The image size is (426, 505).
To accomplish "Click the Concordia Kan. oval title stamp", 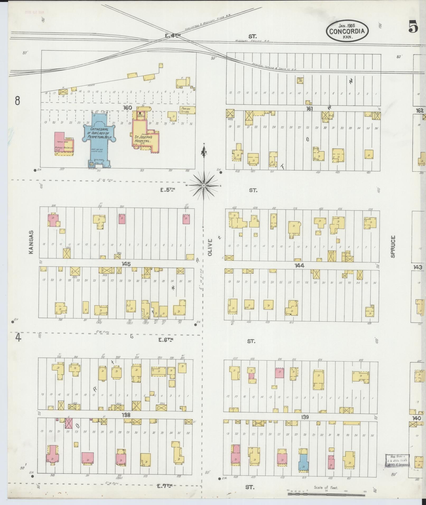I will tap(347, 31).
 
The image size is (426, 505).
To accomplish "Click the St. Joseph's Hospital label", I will tap(143, 139).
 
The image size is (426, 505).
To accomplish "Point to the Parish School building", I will tap(187, 110).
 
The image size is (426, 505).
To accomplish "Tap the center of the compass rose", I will tap(204, 186).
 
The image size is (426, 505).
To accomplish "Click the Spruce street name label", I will tap(393, 246).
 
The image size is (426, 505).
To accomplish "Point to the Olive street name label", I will tap(210, 247).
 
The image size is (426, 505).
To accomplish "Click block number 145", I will tap(126, 264).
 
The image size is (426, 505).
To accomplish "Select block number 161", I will tap(309, 108).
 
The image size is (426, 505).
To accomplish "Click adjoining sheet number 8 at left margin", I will tap(17, 101).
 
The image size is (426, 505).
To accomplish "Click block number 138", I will tap(126, 415).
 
